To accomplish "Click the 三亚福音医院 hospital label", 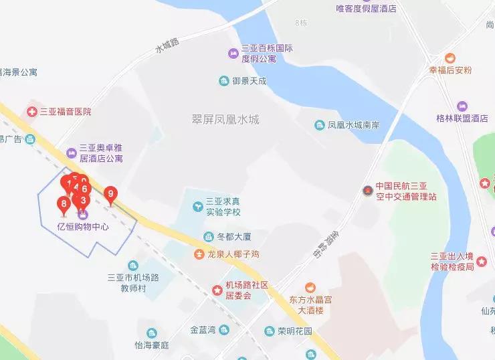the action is tap(65, 112).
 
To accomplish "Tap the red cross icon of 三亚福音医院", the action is tap(31, 112).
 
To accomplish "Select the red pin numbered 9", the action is tap(111, 195).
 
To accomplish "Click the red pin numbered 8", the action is tap(64, 205).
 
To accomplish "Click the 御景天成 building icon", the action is tap(223, 82).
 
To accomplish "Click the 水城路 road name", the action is tap(167, 46).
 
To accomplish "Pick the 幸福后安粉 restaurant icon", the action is tap(450, 58).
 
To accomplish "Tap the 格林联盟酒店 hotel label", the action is tap(462, 118).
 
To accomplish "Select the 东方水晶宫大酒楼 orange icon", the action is tap(310, 287).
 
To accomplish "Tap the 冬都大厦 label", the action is tap(233, 237).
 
